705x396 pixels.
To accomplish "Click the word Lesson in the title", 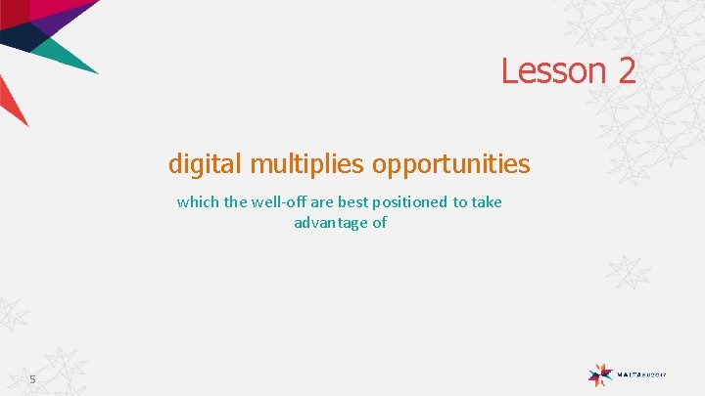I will [x=550, y=70].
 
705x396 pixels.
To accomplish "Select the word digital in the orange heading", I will [x=206, y=162].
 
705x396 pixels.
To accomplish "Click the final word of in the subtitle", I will [x=379, y=223].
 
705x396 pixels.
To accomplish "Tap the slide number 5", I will [x=32, y=378].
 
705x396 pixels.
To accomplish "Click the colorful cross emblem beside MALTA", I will [x=600, y=374].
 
